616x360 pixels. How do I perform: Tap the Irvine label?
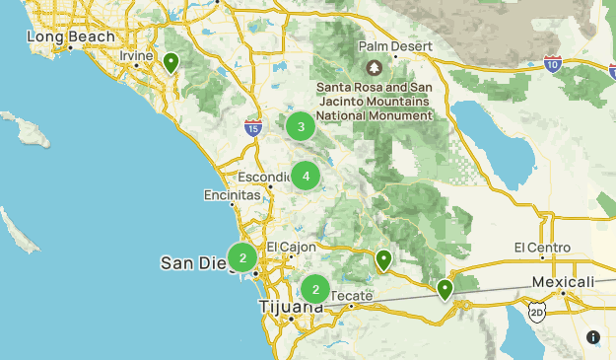point(136,56)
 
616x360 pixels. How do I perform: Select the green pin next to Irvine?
point(171,64)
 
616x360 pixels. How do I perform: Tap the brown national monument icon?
point(374,68)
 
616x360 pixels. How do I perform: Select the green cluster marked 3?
point(301,126)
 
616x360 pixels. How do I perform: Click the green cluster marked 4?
point(306,177)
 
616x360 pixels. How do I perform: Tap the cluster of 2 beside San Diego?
point(241,258)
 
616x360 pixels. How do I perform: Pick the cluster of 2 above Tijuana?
point(315,289)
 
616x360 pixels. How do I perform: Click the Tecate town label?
point(352,295)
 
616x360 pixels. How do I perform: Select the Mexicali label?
point(564,282)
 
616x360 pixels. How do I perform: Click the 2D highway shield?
point(537,313)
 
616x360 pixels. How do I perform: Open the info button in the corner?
point(593,337)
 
